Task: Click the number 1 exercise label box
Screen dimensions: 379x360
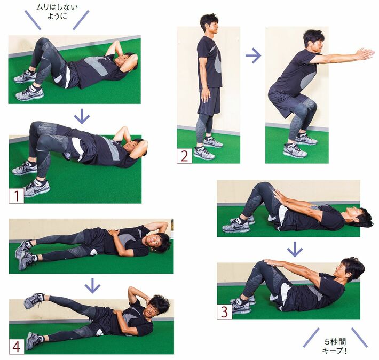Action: [x=17, y=196]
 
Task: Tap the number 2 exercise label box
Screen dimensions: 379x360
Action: [x=184, y=156]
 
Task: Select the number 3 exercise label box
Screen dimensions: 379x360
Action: [x=225, y=312]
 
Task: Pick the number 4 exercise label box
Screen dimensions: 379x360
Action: [x=17, y=347]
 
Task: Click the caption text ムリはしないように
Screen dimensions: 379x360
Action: [x=57, y=12]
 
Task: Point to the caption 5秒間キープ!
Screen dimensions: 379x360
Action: [x=335, y=346]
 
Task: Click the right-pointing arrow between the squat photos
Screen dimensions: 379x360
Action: [x=253, y=56]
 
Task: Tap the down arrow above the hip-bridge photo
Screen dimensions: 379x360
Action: [x=82, y=116]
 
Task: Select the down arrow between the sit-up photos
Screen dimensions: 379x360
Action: [x=295, y=249]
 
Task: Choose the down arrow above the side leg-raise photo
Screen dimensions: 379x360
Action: [x=92, y=286]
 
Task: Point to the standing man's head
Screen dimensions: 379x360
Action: [x=210, y=24]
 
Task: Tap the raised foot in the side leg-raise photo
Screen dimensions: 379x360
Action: [x=34, y=301]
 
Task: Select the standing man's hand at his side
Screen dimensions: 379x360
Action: [x=206, y=95]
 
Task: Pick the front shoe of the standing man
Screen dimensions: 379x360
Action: [x=204, y=153]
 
